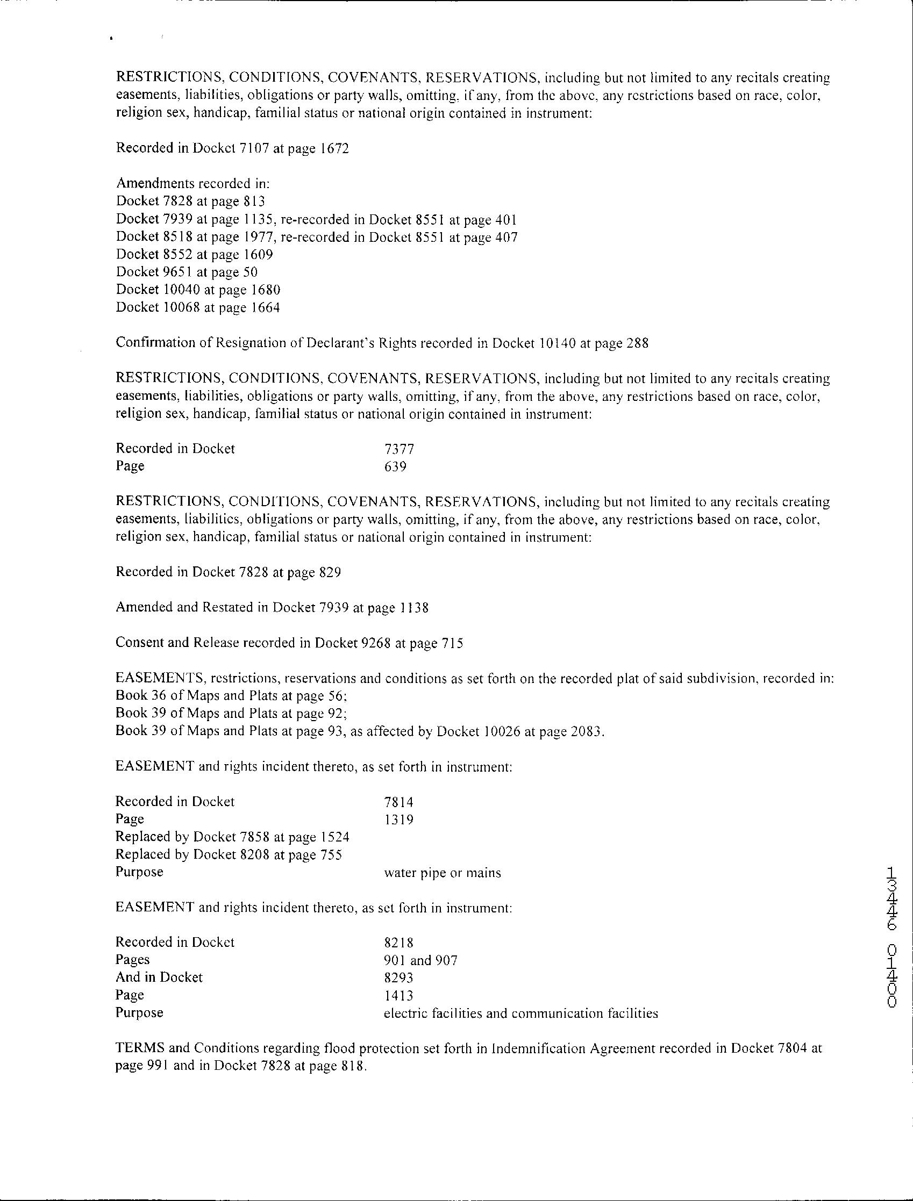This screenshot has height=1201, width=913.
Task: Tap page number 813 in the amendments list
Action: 254,202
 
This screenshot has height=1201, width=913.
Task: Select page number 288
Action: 637,343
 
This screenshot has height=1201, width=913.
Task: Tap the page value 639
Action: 395,466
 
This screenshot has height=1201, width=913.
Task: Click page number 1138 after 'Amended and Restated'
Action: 413,608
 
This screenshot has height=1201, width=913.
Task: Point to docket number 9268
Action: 375,643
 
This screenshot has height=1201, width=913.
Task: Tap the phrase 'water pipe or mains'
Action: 442,873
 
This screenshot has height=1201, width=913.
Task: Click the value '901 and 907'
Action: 420,960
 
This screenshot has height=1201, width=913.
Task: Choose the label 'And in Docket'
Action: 159,978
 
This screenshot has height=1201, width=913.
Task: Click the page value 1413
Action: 398,995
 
